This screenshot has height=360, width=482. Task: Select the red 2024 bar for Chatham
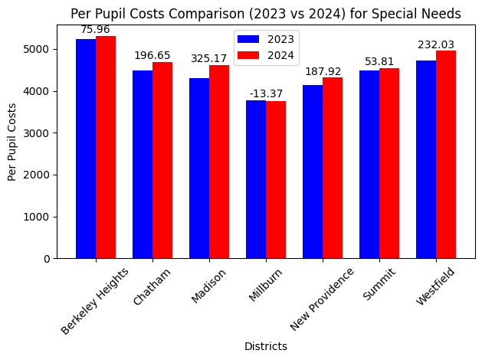162,160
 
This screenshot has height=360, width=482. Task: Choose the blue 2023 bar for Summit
369,165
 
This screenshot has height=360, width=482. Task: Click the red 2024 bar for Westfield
446,154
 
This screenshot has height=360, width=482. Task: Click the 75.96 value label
96,30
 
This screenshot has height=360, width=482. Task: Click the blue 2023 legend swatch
248,39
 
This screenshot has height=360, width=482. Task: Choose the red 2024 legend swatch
248,55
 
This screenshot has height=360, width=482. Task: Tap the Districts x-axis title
266,346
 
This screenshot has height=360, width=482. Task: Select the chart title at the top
265,13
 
